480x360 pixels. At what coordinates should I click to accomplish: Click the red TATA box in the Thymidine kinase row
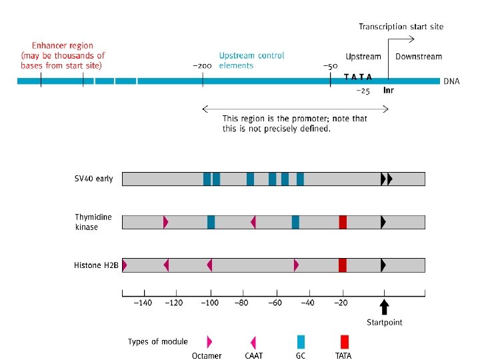pos(343,222)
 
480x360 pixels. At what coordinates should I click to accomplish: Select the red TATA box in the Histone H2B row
pos(343,265)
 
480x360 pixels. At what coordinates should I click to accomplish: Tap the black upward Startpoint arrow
pos(384,307)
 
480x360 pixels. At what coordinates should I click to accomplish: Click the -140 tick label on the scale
pos(143,303)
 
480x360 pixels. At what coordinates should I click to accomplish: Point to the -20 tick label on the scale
pos(341,303)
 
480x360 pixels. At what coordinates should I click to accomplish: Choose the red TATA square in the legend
pos(344,342)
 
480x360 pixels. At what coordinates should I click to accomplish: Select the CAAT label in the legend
pos(254,356)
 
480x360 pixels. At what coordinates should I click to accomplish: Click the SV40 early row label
pos(93,179)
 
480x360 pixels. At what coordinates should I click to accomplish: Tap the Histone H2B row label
pos(96,265)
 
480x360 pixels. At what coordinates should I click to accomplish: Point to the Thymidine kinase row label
pos(93,222)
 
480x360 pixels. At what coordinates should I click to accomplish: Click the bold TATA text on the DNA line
pos(358,77)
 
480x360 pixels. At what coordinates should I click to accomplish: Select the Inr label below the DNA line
pos(388,90)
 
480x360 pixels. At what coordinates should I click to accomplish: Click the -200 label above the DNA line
pos(202,67)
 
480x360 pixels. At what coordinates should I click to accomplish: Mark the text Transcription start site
pos(401,27)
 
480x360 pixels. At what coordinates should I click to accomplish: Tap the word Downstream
pos(418,57)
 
